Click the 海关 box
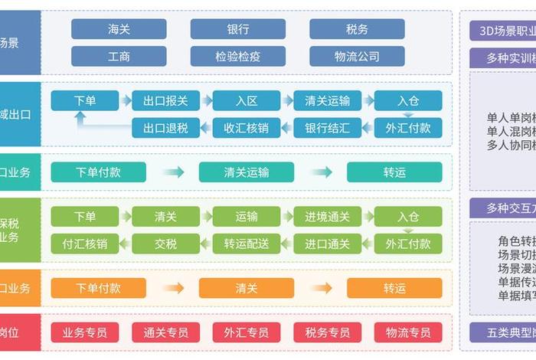(x=119, y=29)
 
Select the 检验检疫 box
(x=237, y=57)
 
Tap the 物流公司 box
(x=357, y=57)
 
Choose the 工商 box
(x=119, y=57)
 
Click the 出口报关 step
(x=165, y=100)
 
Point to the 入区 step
(x=247, y=100)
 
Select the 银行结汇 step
(x=327, y=128)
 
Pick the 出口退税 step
(x=165, y=128)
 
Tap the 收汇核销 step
(x=247, y=128)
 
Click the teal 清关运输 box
(x=247, y=172)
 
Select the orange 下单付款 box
(x=98, y=288)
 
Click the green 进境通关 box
(x=327, y=217)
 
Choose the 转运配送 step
(x=247, y=244)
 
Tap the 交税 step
(x=165, y=244)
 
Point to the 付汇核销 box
(x=85, y=244)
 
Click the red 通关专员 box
(x=165, y=332)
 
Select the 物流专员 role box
(x=408, y=332)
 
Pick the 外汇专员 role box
(x=247, y=332)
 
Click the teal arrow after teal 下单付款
(x=173, y=172)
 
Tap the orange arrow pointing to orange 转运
(x=321, y=288)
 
